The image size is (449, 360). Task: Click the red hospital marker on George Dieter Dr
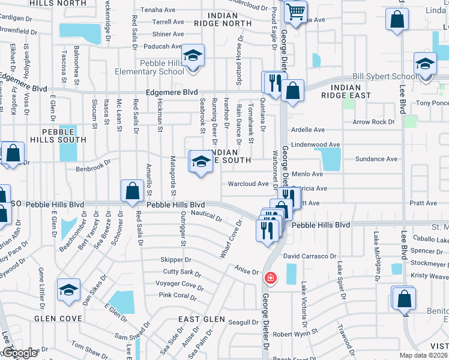click(x=271, y=278)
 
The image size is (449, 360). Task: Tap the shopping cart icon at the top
click(x=295, y=11)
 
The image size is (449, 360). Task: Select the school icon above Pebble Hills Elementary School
click(x=193, y=56)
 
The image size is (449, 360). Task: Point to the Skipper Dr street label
click(x=175, y=260)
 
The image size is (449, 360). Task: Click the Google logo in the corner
click(x=20, y=353)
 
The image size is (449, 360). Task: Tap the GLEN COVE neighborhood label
click(x=58, y=319)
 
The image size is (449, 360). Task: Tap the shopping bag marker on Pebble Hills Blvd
click(x=132, y=191)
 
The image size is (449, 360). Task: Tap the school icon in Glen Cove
click(x=69, y=290)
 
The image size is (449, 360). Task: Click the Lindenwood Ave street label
click(x=315, y=145)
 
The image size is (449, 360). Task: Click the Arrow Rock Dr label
click(x=373, y=122)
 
